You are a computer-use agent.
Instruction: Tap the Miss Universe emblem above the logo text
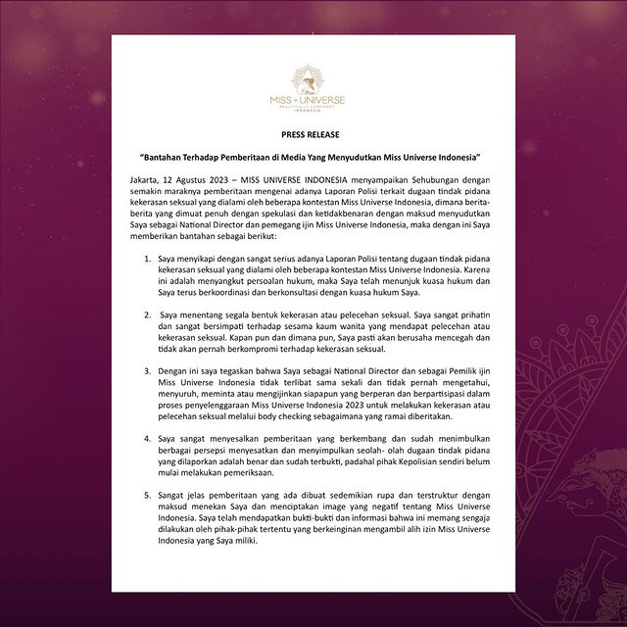click(x=313, y=77)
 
